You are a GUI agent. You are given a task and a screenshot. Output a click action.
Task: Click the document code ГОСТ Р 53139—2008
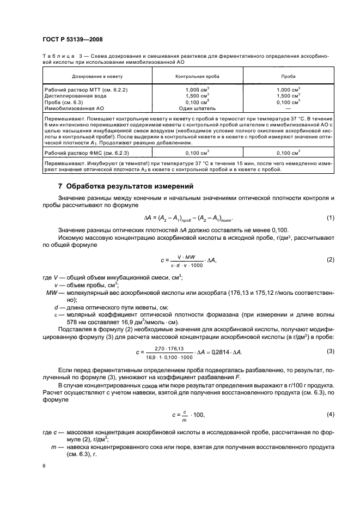coord(72,39)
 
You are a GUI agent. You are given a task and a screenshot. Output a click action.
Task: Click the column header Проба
coord(288,77)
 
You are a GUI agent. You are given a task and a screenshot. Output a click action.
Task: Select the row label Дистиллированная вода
coord(75,95)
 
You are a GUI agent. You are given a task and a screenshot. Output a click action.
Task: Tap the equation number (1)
coord(330,218)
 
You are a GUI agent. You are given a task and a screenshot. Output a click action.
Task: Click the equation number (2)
coord(330,260)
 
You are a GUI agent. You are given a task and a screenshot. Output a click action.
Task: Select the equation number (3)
coord(330,351)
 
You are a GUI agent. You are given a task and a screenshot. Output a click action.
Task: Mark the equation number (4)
coord(330,415)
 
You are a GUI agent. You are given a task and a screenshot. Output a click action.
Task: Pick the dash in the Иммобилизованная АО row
coord(288,108)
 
